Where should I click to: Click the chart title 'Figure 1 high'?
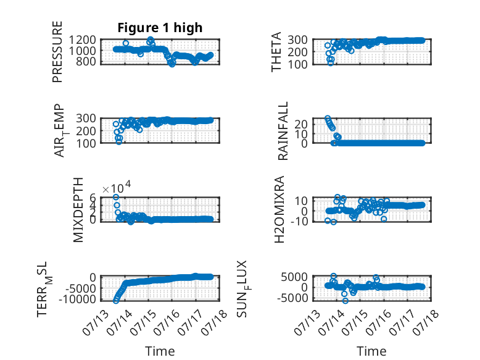[160, 28]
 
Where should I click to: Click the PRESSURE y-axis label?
[57, 52]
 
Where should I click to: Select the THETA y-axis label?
[276, 52]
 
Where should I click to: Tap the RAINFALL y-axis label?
[283, 131]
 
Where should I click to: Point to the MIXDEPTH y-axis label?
[78, 210]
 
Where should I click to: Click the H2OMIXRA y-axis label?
[279, 209]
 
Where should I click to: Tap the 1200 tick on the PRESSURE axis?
[82, 40]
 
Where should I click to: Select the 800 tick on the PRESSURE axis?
[86, 61]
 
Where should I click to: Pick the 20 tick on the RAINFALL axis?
[300, 123]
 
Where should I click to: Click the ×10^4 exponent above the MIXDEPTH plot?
[117, 188]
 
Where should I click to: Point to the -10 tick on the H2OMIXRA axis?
[299, 220]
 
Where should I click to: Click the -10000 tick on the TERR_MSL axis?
[77, 299]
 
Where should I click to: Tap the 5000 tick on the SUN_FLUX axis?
[294, 277]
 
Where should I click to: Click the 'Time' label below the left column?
[160, 351]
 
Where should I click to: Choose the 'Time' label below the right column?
[371, 351]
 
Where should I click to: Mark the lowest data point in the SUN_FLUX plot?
[346, 301]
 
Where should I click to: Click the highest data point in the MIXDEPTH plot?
[116, 197]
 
